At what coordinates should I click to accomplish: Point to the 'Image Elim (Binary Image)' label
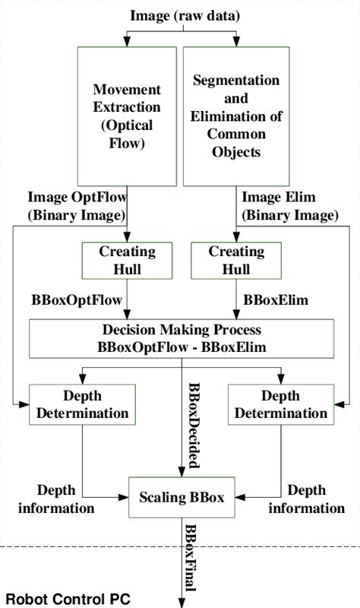(x=289, y=206)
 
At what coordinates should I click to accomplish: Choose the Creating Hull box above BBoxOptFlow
(x=128, y=260)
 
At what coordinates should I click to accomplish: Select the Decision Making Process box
(x=181, y=338)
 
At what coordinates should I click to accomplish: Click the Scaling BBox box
(x=182, y=498)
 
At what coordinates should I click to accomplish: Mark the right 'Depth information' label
(x=306, y=499)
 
